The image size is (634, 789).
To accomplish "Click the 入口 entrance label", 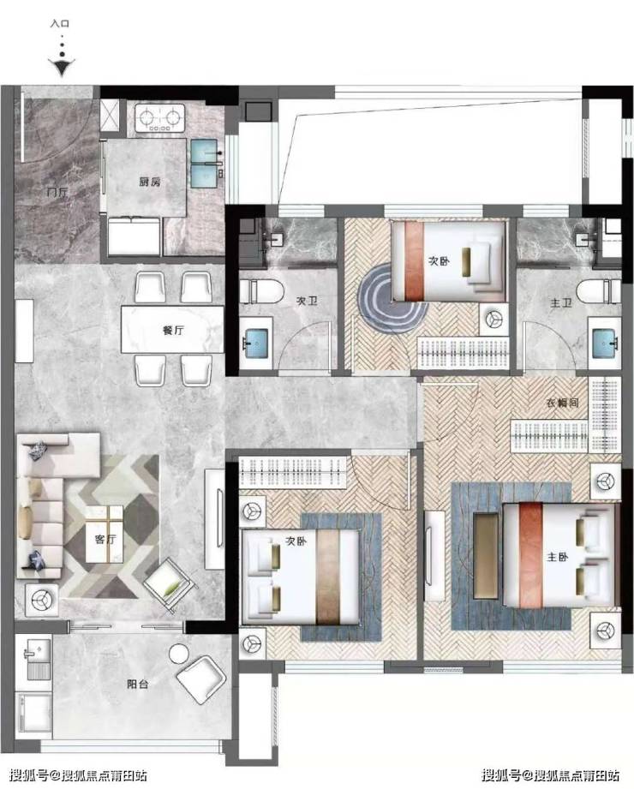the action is (x=60, y=24).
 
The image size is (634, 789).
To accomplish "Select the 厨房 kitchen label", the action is (x=150, y=182).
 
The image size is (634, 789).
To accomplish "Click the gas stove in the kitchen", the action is (x=159, y=117).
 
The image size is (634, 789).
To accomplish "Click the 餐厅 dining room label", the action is (x=173, y=330).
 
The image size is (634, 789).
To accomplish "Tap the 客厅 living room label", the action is (x=105, y=539).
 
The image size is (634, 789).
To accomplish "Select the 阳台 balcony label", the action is (x=137, y=684).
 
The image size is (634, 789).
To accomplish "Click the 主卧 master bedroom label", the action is (x=558, y=557).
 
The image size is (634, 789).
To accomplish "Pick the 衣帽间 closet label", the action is (x=563, y=403).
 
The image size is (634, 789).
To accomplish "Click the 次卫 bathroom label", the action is (x=307, y=301).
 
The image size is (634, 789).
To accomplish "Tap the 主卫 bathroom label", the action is (x=560, y=303).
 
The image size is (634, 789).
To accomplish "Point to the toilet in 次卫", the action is (x=261, y=291).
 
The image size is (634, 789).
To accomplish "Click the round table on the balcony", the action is (x=178, y=654).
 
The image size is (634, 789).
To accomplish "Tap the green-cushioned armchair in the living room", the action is (x=170, y=586).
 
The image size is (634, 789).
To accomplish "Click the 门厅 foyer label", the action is (x=57, y=192).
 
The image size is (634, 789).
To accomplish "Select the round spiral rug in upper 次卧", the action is (x=392, y=301).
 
